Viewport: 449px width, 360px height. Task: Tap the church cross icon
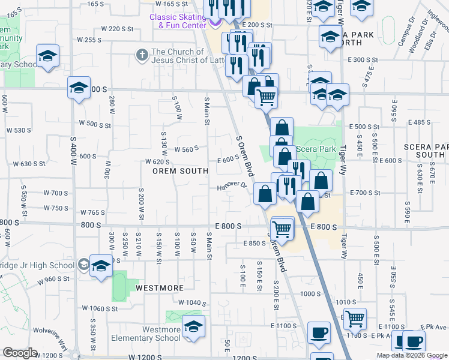142,55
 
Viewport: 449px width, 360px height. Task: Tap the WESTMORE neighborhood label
159,287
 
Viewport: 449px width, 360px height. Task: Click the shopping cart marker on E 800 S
282,229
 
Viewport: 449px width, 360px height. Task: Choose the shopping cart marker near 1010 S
355,318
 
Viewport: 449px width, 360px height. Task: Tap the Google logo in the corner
20,353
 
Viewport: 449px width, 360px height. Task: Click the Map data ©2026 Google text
412,355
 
